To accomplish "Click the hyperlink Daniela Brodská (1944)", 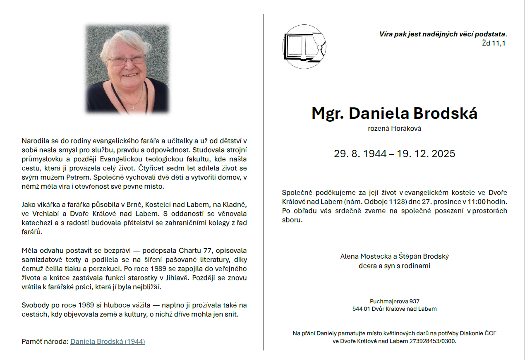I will tap(108, 342).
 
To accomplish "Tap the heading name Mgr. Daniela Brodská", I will tap(394, 113).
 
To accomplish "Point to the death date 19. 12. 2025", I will tap(426, 154).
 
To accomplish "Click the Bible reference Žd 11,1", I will tap(494, 43).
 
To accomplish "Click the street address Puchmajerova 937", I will tap(394, 301).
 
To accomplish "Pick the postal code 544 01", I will tap(360, 309).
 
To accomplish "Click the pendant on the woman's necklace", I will tap(133, 107).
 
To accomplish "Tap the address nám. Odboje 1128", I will tap(370, 202).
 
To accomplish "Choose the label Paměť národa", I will tap(45, 342).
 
